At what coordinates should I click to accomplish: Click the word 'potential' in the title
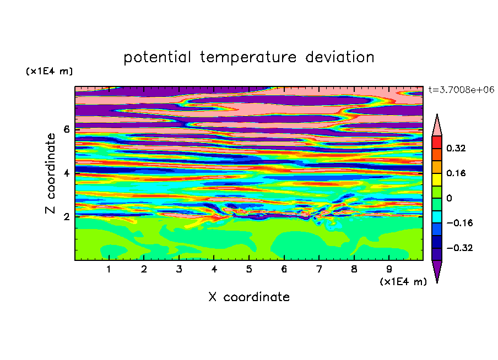[x=157, y=57]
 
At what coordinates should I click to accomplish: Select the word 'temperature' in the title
[x=248, y=57]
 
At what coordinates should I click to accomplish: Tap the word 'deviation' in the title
[x=340, y=57]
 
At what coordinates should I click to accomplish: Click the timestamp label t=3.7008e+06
[x=461, y=90]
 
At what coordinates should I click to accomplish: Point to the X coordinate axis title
[x=249, y=297]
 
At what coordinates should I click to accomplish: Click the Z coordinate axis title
[x=51, y=173]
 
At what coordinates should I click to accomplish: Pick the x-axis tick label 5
[x=249, y=269]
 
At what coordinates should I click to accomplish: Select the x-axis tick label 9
[x=389, y=269]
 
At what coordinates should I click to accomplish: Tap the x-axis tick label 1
[x=109, y=269]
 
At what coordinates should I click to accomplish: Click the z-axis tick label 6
[x=66, y=129]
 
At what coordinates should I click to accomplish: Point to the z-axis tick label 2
[x=66, y=217]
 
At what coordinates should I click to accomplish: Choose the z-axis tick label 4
[x=66, y=173]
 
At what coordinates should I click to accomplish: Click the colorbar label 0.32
[x=456, y=148]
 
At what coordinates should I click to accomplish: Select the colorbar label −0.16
[x=459, y=223]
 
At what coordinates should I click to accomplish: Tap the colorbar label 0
[x=449, y=198]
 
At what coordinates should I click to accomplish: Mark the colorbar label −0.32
[x=459, y=248]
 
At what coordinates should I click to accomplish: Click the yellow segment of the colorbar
[x=437, y=179]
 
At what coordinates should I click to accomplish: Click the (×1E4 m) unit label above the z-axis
[x=49, y=71]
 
